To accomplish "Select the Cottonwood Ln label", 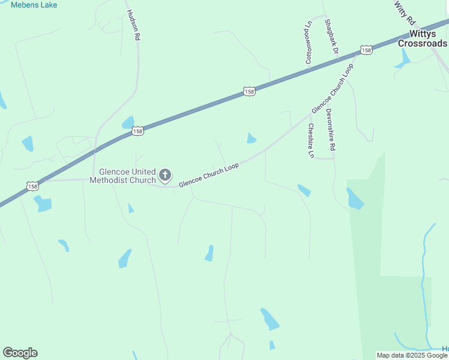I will (309, 42).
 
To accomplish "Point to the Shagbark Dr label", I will (331, 37).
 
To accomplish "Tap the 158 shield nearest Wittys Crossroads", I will (366, 50).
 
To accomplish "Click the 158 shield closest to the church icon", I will (138, 131).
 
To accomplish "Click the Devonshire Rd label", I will (330, 130).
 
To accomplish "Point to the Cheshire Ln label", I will (310, 141).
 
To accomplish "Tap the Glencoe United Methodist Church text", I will (122, 176).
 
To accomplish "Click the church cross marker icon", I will (165, 176).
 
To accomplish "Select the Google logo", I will (20, 353).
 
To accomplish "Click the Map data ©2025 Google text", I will (412, 355).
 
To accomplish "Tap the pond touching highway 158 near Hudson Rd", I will (128, 123).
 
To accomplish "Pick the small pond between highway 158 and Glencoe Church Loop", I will (251, 139).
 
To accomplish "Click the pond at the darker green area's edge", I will (354, 199).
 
